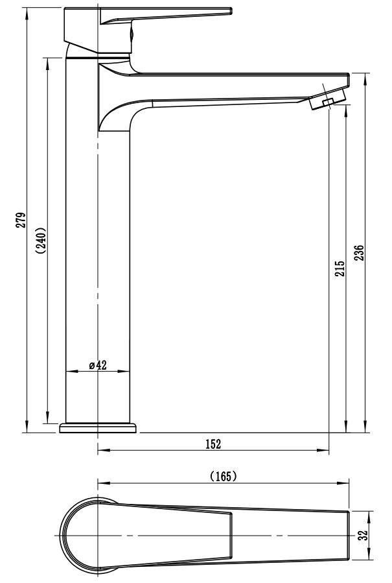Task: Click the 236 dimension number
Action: pos(359,253)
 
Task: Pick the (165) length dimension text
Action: pos(224,476)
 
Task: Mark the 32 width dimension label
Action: pos(363,535)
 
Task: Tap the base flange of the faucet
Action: pos(98,427)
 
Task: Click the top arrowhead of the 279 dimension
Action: pos(27,12)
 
